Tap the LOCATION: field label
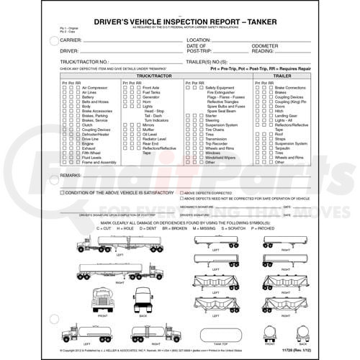199,40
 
